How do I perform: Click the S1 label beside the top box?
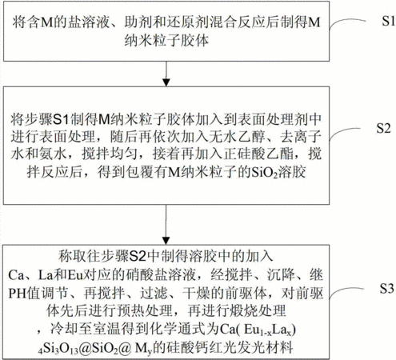tap(388, 21)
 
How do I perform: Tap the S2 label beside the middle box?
tap(383, 128)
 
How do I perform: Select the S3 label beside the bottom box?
tap(386, 288)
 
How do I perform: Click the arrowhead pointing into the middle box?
tap(166, 82)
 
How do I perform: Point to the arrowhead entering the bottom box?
tap(166, 241)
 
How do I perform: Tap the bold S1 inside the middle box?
tap(62, 120)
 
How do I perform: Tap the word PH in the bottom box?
tap(18, 293)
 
